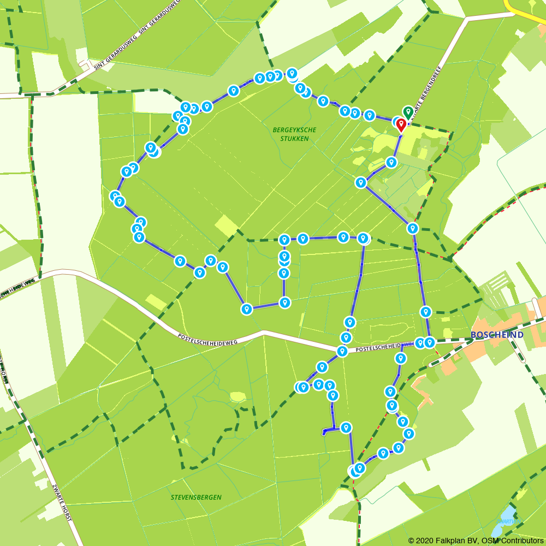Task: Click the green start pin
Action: [x=408, y=112]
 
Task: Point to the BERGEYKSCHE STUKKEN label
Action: [x=294, y=134]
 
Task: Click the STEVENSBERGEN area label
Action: [x=196, y=497]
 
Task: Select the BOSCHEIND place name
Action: [x=497, y=335]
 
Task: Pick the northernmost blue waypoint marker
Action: [x=292, y=73]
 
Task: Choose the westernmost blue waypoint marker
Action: [x=115, y=196]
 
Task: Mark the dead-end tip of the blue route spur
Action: [x=324, y=433]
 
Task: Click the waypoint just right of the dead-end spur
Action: [x=346, y=427]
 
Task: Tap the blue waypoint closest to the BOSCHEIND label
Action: [x=430, y=342]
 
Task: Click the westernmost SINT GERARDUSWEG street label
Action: [x=115, y=55]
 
